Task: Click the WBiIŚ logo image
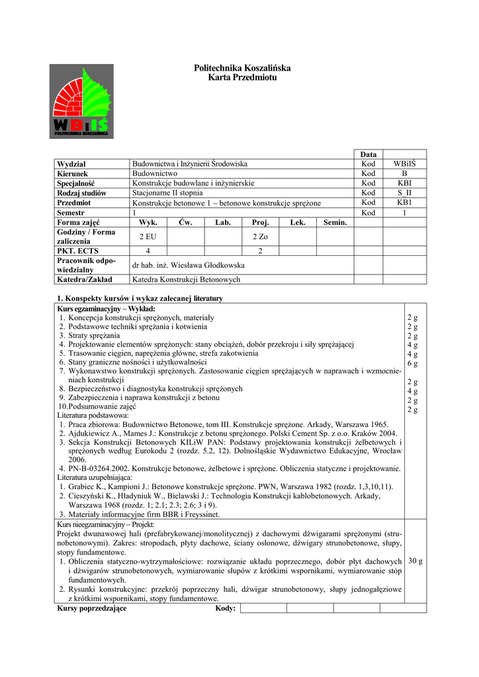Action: tap(81, 101)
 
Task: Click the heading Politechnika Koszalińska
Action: tap(242, 68)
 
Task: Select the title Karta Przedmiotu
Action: tap(242, 77)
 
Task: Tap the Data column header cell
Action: tap(369, 154)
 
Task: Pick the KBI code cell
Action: tap(405, 183)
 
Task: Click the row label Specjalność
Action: tap(76, 183)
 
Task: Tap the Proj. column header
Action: tap(261, 223)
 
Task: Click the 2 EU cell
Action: tap(148, 237)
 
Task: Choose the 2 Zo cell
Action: tap(260, 237)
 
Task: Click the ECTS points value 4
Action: tap(148, 251)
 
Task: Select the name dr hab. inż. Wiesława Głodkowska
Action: tap(189, 265)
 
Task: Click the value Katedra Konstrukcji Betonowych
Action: tap(187, 280)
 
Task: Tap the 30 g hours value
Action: tap(416, 561)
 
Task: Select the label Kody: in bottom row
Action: tap(226, 608)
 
